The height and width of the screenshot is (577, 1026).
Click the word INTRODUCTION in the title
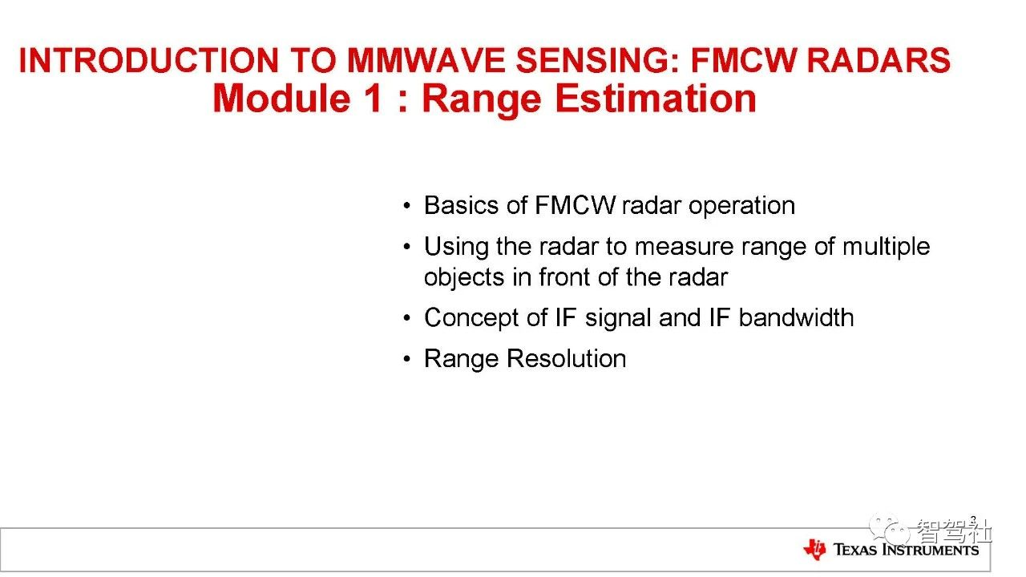[x=149, y=60]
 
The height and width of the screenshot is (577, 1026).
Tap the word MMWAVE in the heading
[x=426, y=60]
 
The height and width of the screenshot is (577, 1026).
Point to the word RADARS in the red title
[x=878, y=60]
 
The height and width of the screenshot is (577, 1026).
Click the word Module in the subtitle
[x=281, y=99]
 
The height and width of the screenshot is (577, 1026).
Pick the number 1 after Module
[x=374, y=99]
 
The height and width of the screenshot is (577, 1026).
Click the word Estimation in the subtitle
[x=656, y=99]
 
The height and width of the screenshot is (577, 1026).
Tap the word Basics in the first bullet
[x=461, y=204]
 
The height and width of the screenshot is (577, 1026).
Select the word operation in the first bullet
[x=741, y=206]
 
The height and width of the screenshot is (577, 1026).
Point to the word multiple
[x=887, y=247]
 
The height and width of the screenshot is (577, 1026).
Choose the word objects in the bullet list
[x=464, y=277]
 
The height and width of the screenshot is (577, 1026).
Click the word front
[x=564, y=277]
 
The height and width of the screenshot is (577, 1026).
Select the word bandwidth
[x=797, y=317]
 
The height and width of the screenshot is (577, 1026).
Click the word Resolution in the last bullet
[x=566, y=358]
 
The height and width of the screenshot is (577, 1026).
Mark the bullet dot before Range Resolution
[x=406, y=358]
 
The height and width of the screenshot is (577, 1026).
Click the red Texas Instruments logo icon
[x=815, y=549]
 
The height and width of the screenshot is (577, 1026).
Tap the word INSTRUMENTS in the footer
[x=931, y=550]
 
